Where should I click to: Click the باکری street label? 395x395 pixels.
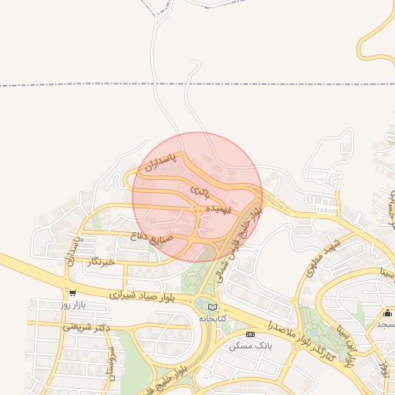tap(200, 188)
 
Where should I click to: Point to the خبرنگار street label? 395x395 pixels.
tap(102, 262)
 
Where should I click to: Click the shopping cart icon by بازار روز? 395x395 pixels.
tap(72, 293)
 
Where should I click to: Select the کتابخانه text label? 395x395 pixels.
tap(214, 318)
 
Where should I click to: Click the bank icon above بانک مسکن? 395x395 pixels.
tap(249, 334)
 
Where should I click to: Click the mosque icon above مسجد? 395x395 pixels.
tap(387, 312)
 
